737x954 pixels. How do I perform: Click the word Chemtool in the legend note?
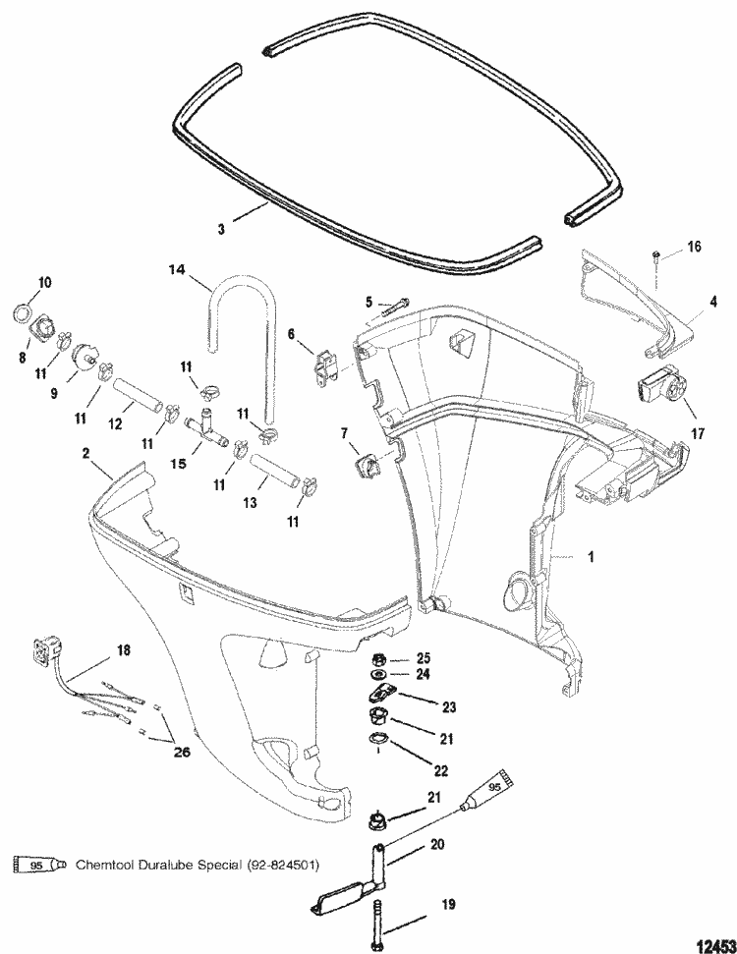(x=103, y=864)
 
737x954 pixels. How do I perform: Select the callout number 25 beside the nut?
(x=425, y=656)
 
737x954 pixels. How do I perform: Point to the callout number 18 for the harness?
(x=123, y=649)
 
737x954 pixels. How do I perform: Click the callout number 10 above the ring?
(x=43, y=283)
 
